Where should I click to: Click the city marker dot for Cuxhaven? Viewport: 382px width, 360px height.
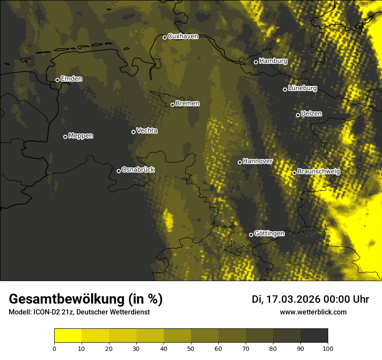(165, 37)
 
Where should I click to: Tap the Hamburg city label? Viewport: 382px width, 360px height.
(273, 61)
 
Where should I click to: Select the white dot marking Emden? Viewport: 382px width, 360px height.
(57, 80)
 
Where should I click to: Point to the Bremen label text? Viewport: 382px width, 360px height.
(188, 104)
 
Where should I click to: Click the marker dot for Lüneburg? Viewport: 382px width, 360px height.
(285, 89)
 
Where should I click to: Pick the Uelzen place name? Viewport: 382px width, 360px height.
(311, 114)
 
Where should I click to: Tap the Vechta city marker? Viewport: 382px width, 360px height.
(133, 132)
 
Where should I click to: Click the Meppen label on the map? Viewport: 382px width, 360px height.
(81, 136)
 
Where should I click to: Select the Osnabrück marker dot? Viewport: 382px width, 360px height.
(119, 171)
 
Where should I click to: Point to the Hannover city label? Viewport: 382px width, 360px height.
(257, 161)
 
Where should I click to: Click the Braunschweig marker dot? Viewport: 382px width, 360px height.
(294, 173)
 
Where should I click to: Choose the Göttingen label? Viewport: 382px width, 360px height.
(269, 233)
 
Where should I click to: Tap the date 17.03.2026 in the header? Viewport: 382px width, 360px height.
(292, 299)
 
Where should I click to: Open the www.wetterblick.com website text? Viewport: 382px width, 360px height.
(313, 312)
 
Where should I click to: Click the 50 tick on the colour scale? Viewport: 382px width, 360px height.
(191, 348)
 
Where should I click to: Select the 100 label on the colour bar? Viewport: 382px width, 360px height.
(327, 348)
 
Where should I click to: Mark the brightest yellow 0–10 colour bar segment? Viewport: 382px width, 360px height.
(68, 335)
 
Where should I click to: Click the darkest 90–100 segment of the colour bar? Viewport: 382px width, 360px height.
(314, 335)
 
